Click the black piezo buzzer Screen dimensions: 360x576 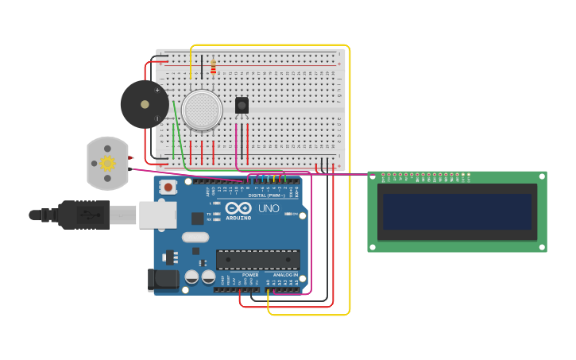(144, 104)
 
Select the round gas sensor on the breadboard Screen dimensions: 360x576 (202, 110)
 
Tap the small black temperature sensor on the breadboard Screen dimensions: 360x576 (242, 105)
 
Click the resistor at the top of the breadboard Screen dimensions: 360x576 (213, 67)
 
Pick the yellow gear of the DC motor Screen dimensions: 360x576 (107, 163)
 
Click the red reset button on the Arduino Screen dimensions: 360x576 (168, 187)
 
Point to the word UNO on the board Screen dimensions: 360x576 (269, 208)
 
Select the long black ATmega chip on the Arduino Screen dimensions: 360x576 (257, 259)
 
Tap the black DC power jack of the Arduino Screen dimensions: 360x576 (163, 280)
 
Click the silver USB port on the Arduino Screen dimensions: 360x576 (157, 215)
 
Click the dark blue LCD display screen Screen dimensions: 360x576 (457, 211)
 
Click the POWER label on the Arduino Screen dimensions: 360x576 (250, 275)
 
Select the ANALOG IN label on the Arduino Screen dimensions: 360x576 (285, 275)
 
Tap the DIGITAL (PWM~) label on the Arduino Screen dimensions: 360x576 (269, 195)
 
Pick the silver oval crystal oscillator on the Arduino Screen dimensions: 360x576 (195, 237)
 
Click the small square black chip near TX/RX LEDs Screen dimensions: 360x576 (197, 219)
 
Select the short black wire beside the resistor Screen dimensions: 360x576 (202, 67)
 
